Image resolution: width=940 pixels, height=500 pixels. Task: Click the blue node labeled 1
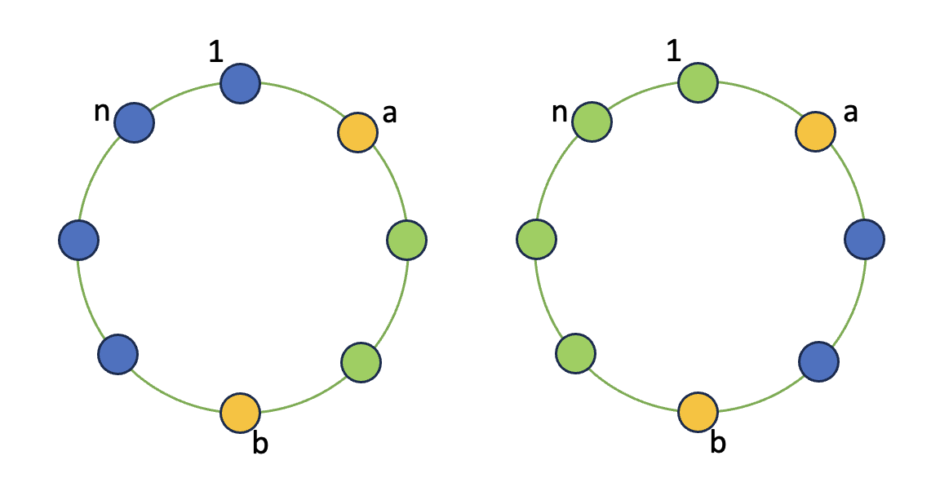click(240, 83)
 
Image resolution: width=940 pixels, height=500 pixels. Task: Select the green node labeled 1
click(698, 83)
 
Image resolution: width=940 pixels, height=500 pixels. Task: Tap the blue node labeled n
click(134, 123)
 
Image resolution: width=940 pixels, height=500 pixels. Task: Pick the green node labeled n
click(592, 123)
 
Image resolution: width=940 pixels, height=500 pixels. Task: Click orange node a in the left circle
click(357, 131)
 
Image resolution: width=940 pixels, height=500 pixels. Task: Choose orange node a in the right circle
click(815, 131)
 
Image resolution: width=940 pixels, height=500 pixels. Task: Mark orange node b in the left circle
click(240, 413)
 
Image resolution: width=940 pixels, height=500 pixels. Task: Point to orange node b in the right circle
click(698, 413)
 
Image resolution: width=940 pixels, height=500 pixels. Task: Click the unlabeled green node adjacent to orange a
click(406, 240)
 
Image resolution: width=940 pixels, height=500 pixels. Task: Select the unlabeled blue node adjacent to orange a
click(863, 240)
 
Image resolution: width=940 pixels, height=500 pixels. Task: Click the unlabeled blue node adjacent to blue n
click(79, 240)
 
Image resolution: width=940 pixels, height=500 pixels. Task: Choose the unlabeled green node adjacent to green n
click(537, 240)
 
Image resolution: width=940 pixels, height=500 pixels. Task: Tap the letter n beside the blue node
click(102, 112)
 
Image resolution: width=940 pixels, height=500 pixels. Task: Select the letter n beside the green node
click(560, 112)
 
